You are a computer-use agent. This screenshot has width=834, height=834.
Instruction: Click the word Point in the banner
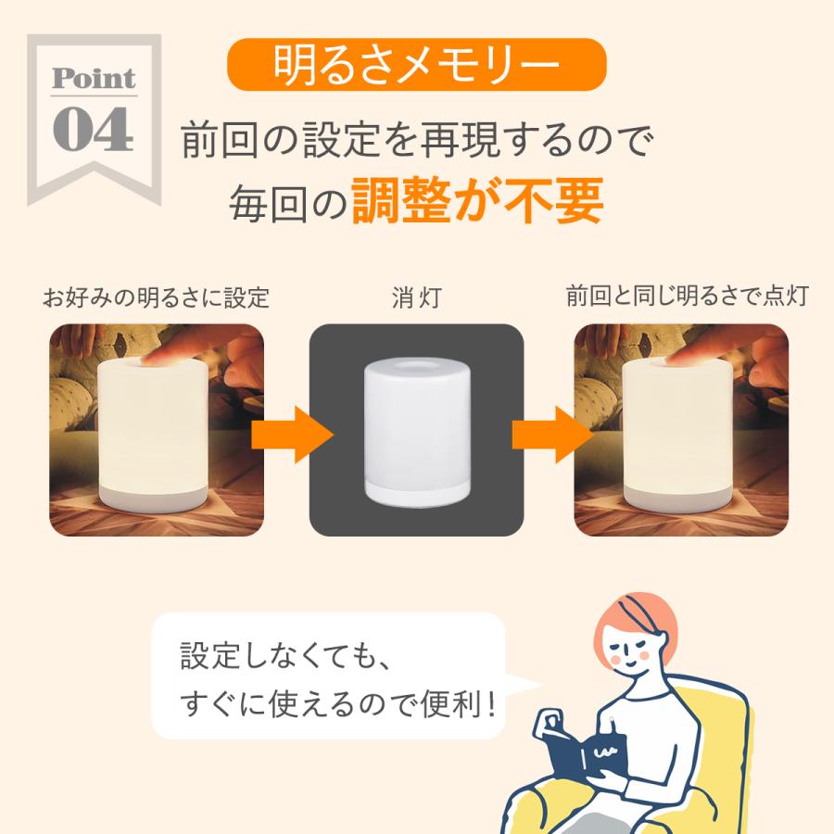pos(94,79)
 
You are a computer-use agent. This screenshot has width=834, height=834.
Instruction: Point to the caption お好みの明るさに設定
pos(157,297)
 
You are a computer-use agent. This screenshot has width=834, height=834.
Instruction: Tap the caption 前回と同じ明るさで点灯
pos(688,297)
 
